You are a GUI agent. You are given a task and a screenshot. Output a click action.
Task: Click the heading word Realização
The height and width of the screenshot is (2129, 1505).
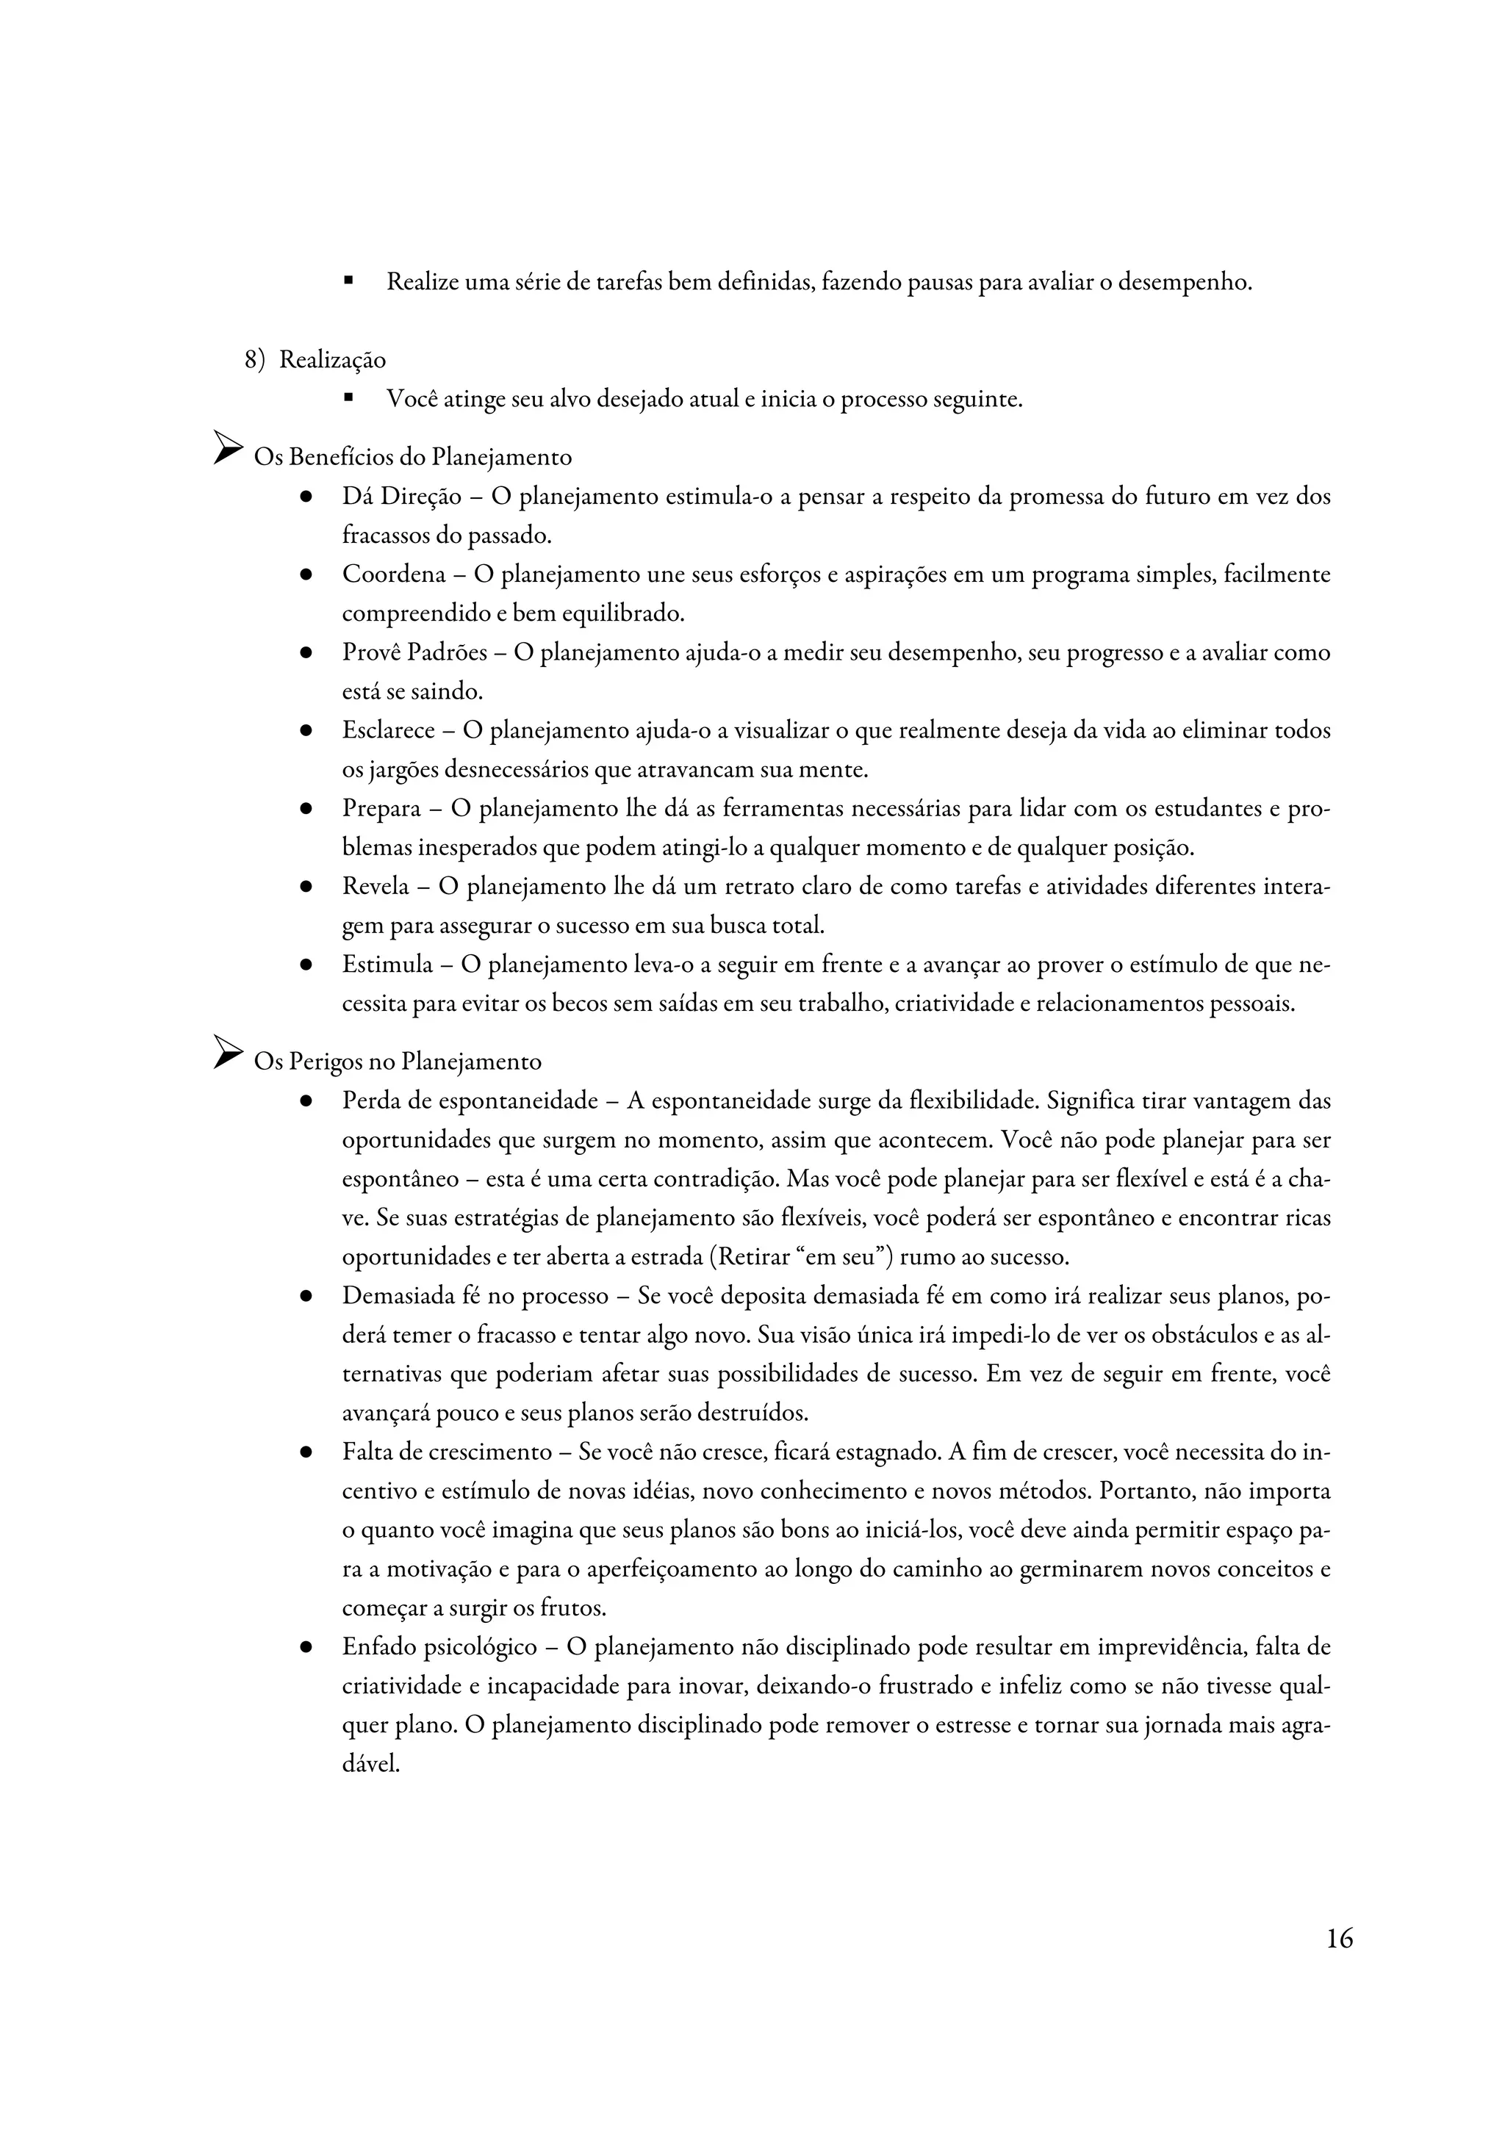[x=332, y=360]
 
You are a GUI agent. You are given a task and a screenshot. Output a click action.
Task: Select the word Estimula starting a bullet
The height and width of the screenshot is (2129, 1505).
[x=387, y=965]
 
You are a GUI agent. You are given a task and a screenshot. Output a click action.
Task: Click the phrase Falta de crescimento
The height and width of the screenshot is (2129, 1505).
[x=447, y=1452]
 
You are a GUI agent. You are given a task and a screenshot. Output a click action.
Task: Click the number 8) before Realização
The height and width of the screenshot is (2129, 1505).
[x=255, y=360]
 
